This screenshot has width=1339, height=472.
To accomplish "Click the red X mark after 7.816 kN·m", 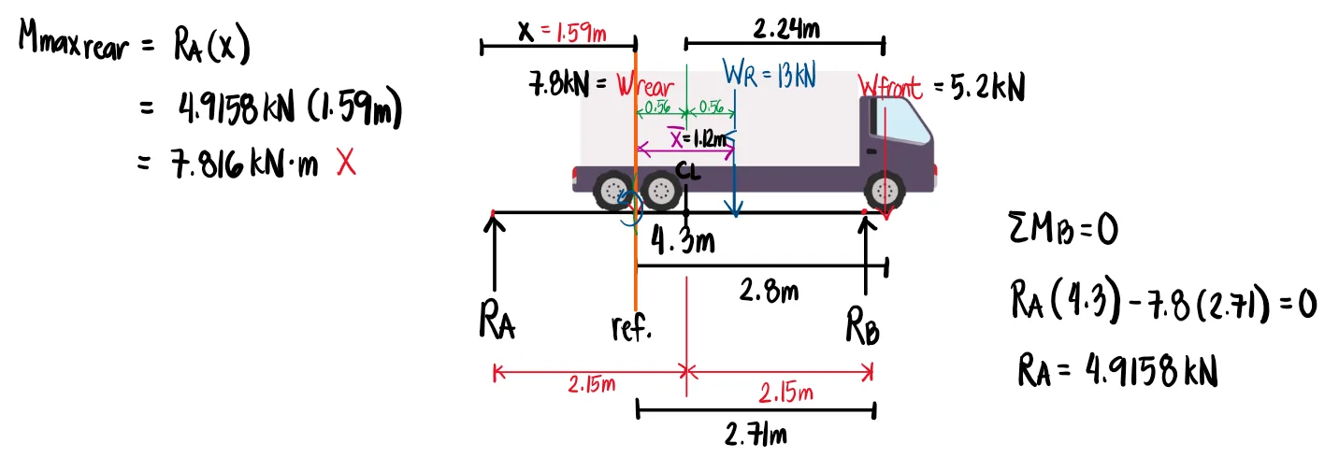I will pyautogui.click(x=346, y=164).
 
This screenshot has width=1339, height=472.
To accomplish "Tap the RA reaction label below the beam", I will pyautogui.click(x=497, y=323).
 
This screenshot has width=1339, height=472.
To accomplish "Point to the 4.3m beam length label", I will pyautogui.click(x=683, y=242).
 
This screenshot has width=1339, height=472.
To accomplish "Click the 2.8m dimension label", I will pyautogui.click(x=769, y=291).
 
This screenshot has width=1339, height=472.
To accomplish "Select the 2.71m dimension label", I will pyautogui.click(x=756, y=434).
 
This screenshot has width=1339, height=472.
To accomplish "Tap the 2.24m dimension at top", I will pyautogui.click(x=786, y=30).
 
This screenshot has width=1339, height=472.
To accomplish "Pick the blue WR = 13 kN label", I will pyautogui.click(x=770, y=73).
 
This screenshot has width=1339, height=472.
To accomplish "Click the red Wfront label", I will pyautogui.click(x=890, y=88).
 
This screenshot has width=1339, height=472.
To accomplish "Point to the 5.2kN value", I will pyautogui.click(x=987, y=89).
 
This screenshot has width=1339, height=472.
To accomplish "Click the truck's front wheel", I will pyautogui.click(x=885, y=192).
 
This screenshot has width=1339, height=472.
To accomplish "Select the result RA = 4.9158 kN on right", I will pyautogui.click(x=1117, y=372).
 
